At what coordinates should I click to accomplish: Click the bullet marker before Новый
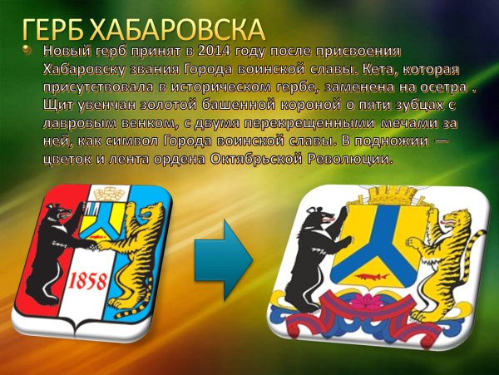click(31, 52)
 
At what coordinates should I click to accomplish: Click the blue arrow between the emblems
click(224, 259)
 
